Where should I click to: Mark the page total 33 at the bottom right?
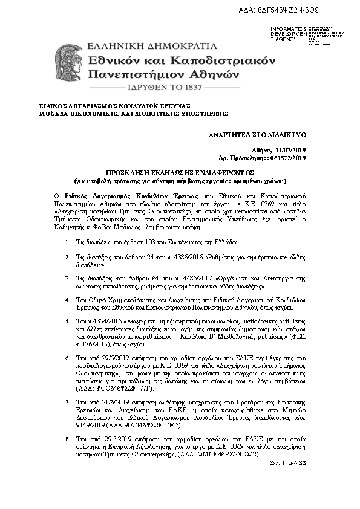[303, 462]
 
